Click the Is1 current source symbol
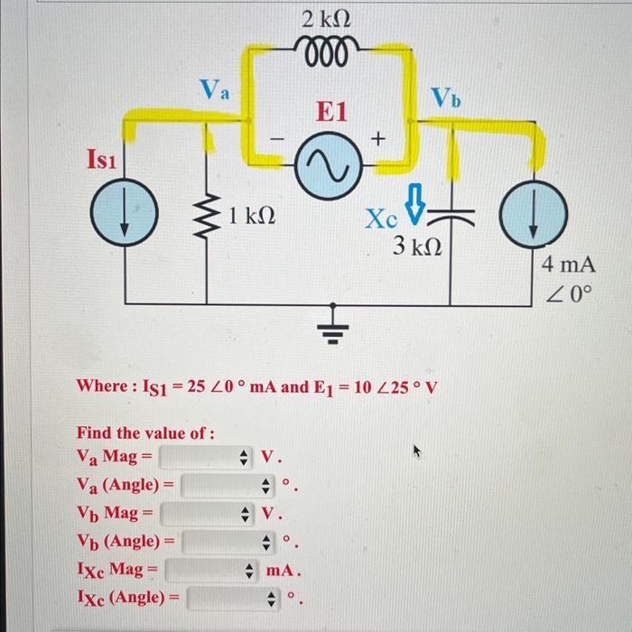click(125, 219)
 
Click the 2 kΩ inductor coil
click(330, 48)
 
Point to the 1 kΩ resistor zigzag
click(209, 217)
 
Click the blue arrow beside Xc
click(414, 203)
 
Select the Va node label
click(215, 89)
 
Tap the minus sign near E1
click(278, 140)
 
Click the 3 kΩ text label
click(416, 246)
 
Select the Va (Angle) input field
click(226, 486)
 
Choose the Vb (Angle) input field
click(226, 543)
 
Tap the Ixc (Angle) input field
click(230, 598)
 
